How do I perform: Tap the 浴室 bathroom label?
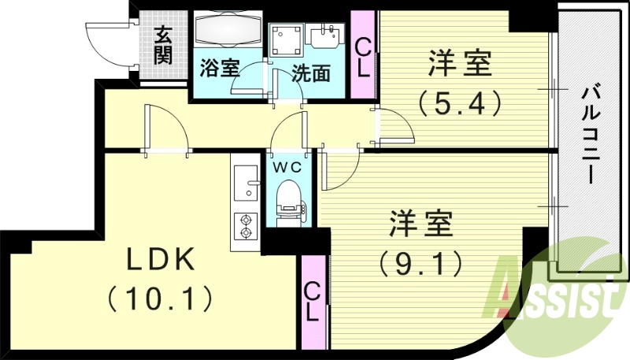(219, 68)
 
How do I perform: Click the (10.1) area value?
(159, 298)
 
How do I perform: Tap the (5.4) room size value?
(460, 103)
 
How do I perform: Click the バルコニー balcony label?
(589, 134)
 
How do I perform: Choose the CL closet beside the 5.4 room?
(364, 55)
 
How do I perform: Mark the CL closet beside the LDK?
(313, 302)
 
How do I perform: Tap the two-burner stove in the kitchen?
(246, 226)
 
